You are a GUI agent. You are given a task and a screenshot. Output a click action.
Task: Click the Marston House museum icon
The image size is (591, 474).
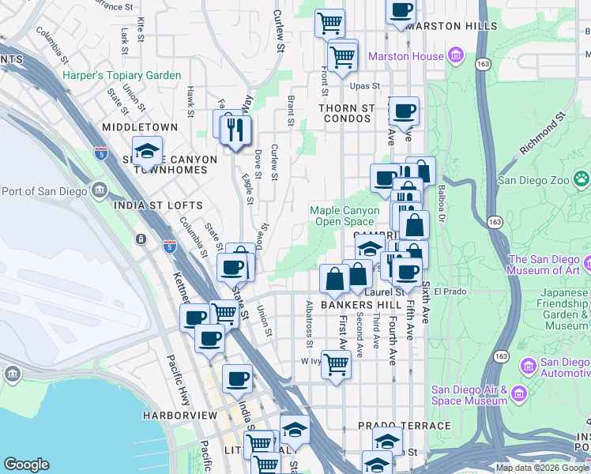click(455, 56)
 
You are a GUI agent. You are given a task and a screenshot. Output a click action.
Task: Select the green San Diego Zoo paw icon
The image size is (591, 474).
click(582, 179)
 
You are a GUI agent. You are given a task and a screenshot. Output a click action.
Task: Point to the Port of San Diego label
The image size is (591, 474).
click(45, 190)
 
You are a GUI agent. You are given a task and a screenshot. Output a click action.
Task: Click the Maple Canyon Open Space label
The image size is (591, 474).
click(344, 216)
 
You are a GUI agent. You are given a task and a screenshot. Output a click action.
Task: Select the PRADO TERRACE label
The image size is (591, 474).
click(404, 426)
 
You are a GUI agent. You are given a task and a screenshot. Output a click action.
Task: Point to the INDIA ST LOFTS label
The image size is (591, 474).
click(158, 205)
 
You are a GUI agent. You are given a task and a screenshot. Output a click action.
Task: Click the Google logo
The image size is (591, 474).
click(26, 464)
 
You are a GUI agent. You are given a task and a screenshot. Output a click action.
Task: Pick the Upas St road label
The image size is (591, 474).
click(366, 85)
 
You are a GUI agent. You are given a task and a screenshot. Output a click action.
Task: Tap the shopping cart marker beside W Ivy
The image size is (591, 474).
click(336, 366)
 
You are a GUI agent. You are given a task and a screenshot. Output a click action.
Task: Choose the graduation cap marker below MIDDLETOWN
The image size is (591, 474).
click(146, 151)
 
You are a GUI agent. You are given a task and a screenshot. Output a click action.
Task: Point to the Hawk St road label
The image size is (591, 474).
click(190, 101)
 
